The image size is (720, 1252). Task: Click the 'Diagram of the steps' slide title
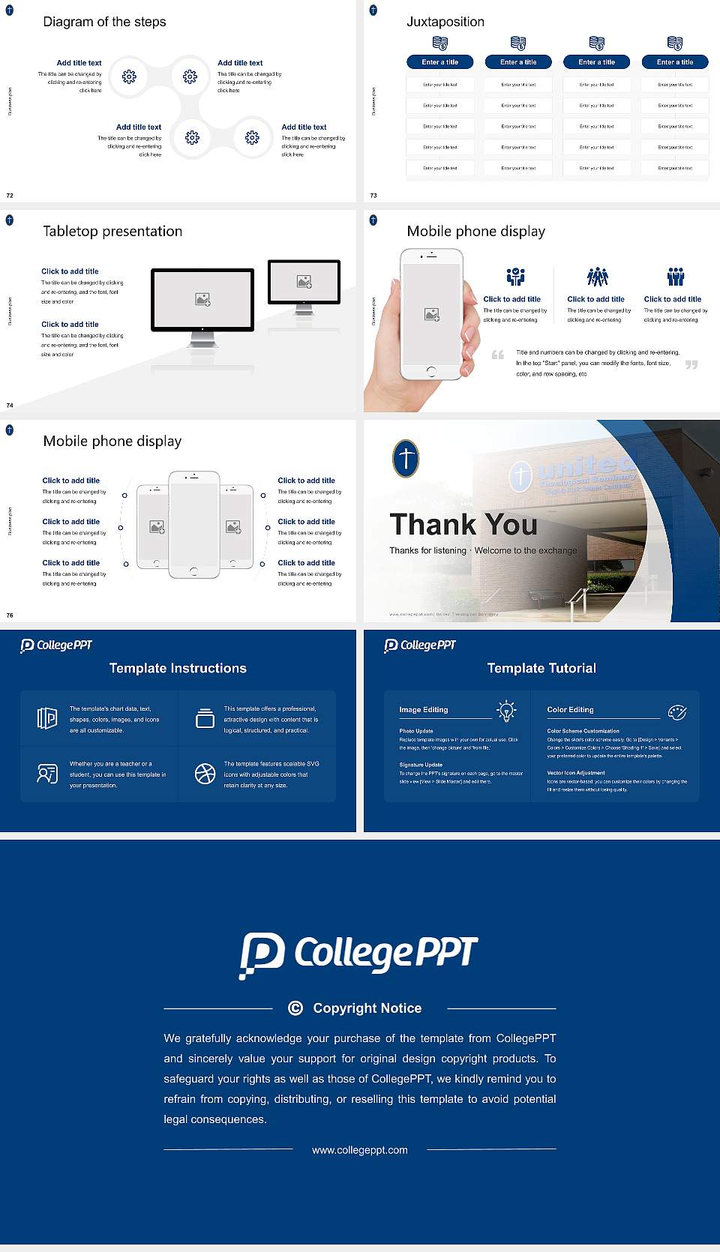(104, 22)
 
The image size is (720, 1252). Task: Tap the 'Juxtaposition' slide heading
(445, 22)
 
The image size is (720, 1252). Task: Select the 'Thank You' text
(463, 525)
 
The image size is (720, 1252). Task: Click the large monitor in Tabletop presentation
(202, 300)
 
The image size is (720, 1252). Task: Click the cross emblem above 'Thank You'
(406, 458)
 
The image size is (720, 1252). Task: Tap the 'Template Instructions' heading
(178, 668)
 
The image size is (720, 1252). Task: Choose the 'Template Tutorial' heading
(541, 668)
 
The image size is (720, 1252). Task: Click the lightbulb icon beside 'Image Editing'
(506, 710)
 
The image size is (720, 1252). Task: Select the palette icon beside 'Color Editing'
(677, 712)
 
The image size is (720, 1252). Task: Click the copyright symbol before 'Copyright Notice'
(295, 1008)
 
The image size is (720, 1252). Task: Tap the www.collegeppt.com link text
(360, 1150)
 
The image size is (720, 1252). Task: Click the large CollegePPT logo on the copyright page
(358, 954)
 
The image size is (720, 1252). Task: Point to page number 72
(10, 196)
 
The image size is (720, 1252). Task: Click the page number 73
(373, 196)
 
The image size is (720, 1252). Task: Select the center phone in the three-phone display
(193, 525)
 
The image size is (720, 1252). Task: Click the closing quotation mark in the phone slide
(691, 365)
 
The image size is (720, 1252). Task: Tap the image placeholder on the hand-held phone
(431, 315)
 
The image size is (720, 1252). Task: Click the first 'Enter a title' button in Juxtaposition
(439, 62)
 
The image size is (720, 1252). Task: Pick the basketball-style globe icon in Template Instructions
(205, 774)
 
